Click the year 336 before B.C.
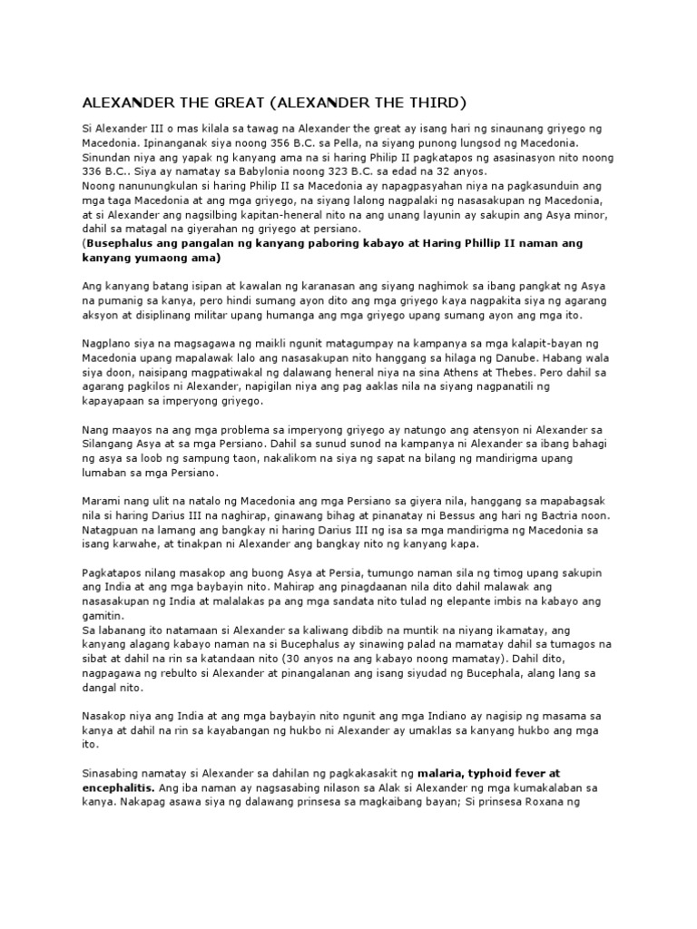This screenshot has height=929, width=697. point(95,172)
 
